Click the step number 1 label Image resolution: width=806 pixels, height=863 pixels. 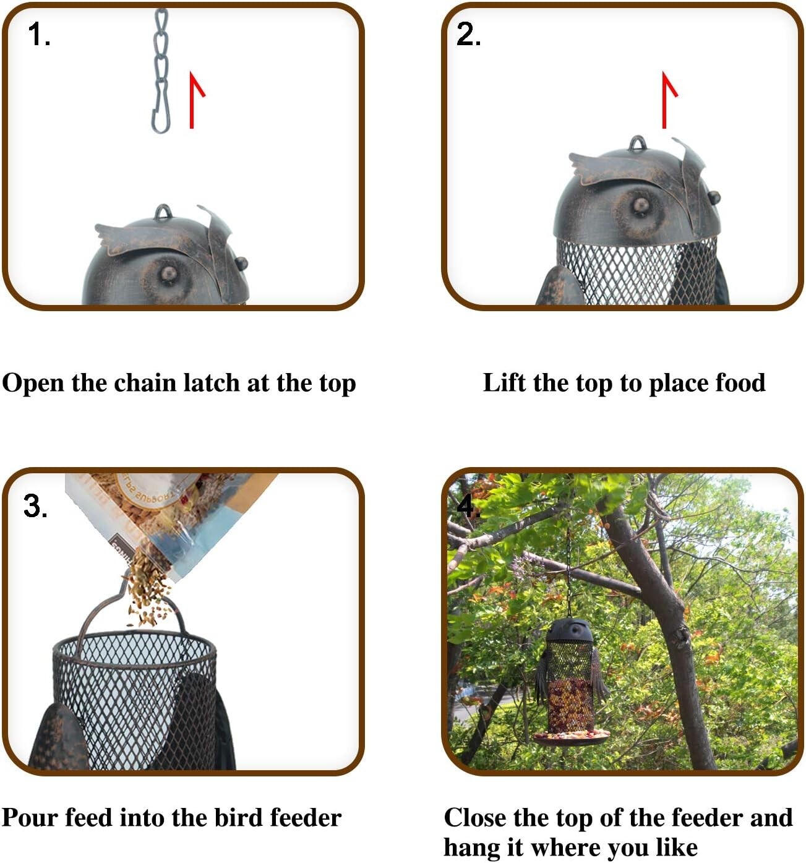tap(38, 35)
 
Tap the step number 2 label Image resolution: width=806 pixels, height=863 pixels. tap(468, 35)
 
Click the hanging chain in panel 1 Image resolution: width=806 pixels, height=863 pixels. tap(161, 68)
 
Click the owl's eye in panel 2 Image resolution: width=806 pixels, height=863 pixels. tap(640, 204)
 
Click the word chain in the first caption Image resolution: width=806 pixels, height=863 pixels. tap(145, 383)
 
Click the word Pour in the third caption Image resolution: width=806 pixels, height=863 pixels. tap(30, 818)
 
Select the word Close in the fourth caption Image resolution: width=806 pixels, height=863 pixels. tap(475, 818)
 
